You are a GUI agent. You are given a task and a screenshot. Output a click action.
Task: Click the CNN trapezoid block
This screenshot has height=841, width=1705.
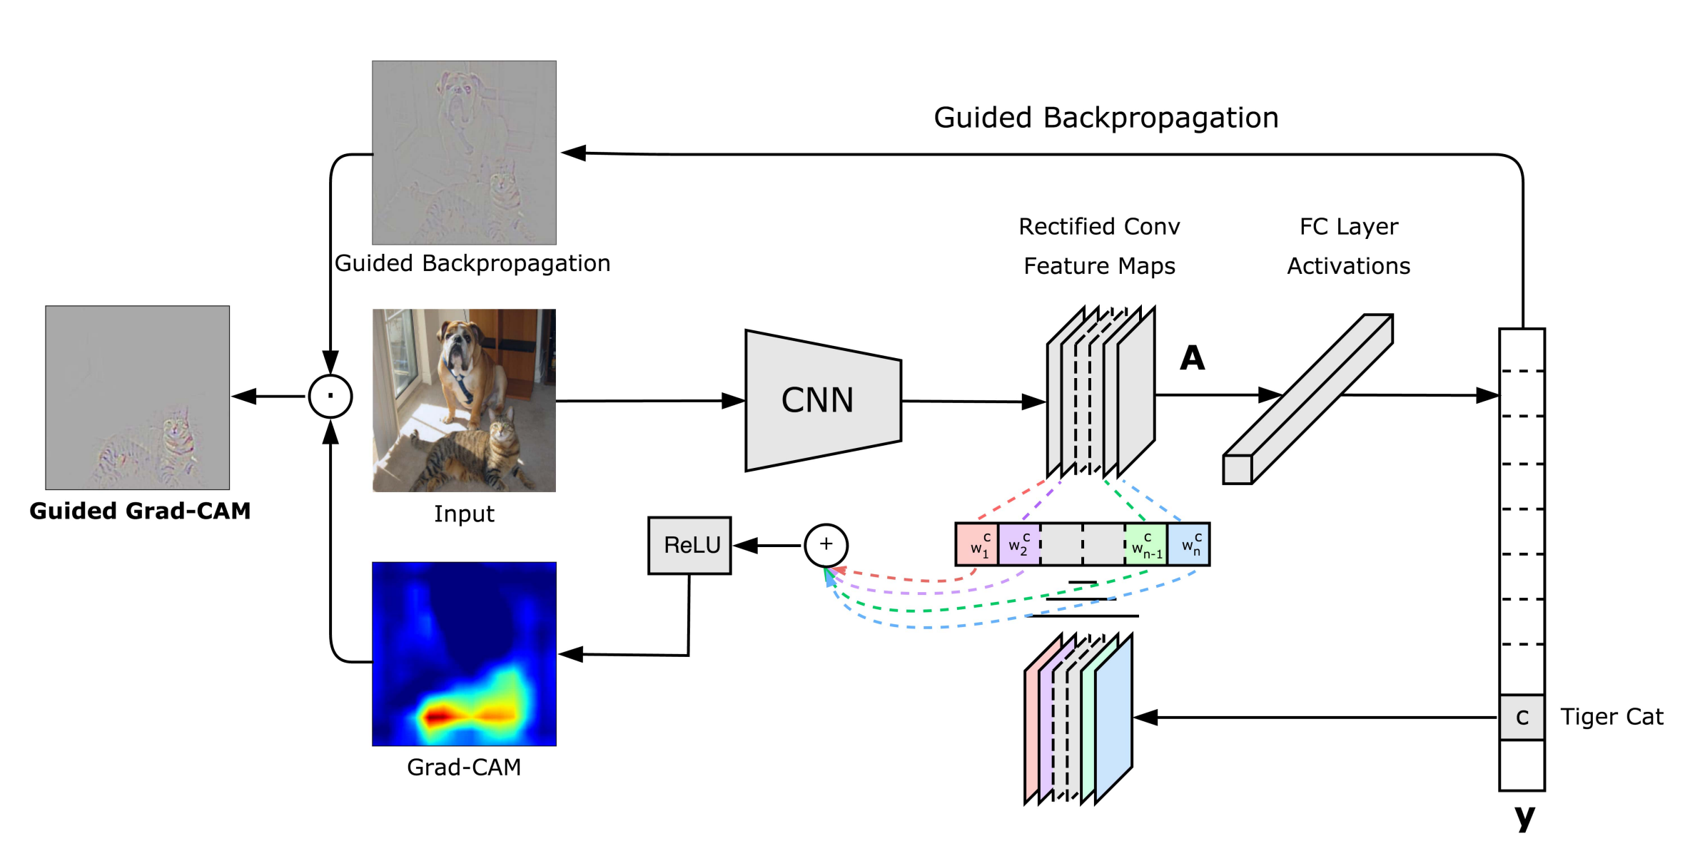pyautogui.click(x=821, y=400)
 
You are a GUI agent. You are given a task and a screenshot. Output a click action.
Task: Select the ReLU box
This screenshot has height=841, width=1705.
pyautogui.click(x=689, y=545)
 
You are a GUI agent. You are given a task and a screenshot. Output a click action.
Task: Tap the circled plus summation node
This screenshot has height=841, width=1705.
pyautogui.click(x=826, y=545)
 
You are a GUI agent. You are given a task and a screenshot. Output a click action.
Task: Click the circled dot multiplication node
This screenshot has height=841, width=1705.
pyautogui.click(x=330, y=396)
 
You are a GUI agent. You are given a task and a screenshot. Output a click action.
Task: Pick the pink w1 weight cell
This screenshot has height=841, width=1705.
pyautogui.click(x=976, y=545)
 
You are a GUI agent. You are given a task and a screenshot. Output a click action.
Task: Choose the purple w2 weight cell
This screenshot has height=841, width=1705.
pyautogui.click(x=1018, y=545)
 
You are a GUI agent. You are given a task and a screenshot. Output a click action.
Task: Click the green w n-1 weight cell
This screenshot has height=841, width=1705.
pyautogui.click(x=1146, y=545)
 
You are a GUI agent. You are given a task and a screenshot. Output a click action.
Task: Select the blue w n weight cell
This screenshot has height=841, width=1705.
pyautogui.click(x=1189, y=545)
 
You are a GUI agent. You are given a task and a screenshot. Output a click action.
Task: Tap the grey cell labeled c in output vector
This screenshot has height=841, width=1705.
pyautogui.click(x=1522, y=717)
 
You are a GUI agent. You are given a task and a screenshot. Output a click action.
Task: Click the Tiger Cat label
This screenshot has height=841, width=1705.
pyautogui.click(x=1611, y=716)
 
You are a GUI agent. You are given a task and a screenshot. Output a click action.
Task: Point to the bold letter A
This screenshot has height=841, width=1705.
pyautogui.click(x=1192, y=358)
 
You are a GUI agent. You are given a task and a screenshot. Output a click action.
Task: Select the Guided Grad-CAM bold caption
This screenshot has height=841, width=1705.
pyautogui.click(x=140, y=511)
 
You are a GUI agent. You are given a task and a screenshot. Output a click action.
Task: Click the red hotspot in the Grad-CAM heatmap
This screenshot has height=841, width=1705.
pyautogui.click(x=439, y=715)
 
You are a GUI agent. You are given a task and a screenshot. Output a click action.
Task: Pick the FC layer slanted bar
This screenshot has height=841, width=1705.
pyautogui.click(x=1308, y=399)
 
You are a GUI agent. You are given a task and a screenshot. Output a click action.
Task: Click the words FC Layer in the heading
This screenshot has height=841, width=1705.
pyautogui.click(x=1348, y=227)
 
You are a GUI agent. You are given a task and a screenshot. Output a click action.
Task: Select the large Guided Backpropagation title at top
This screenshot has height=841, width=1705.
pyautogui.click(x=1106, y=118)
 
